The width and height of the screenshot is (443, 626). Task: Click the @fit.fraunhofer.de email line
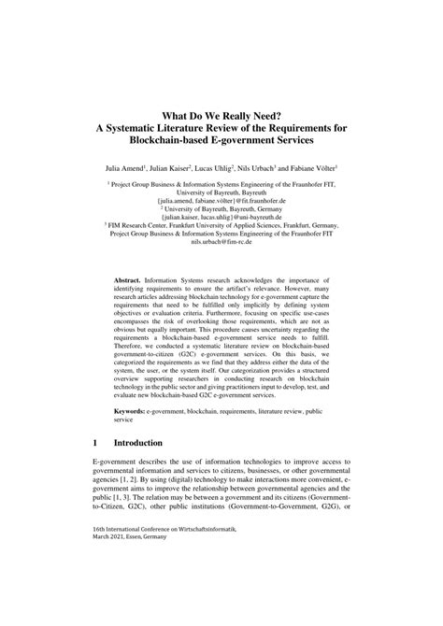221,200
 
